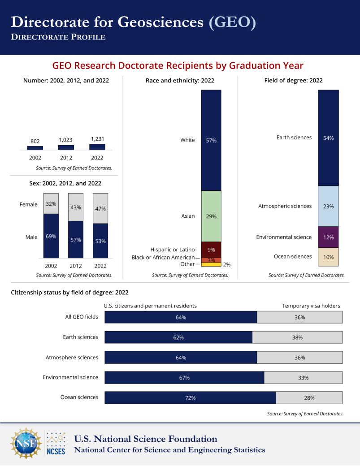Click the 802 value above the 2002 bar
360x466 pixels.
[35, 141]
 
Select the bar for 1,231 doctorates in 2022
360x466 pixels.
[97, 147]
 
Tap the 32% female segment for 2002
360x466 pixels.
[51, 204]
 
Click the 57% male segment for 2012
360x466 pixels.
[75, 239]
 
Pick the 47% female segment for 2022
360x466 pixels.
[100, 208]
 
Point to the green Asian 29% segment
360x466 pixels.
[211, 216]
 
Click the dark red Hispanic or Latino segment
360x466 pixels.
[211, 249]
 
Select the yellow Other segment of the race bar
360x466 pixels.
[211, 265]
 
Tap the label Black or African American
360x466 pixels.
[163, 258]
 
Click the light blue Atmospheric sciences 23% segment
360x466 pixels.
[328, 206]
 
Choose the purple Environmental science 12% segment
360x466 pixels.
[328, 237]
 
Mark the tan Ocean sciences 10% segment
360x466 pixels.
[328, 257]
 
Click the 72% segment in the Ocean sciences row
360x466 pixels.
[190, 398]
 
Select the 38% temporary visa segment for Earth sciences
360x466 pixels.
[297, 337]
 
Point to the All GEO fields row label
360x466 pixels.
[82, 317]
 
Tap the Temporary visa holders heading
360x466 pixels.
[311, 306]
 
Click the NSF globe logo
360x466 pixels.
[26, 444]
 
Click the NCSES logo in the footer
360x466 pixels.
[56, 444]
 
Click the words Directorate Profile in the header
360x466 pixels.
[58, 37]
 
